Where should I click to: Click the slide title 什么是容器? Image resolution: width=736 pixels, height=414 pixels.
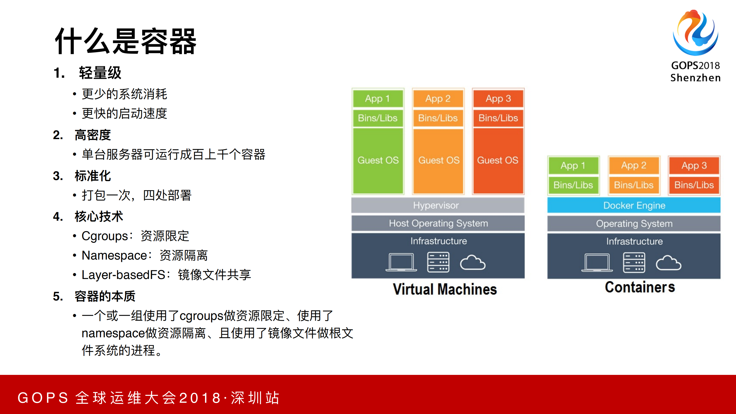pyautogui.click(x=126, y=41)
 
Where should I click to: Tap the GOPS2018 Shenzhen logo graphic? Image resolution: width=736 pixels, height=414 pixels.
pyautogui.click(x=696, y=33)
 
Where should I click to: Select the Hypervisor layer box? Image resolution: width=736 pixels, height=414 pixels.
pyautogui.click(x=438, y=205)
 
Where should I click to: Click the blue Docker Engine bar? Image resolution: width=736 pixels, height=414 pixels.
pyautogui.click(x=634, y=205)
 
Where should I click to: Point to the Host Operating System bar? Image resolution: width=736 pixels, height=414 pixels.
pyautogui.click(x=438, y=223)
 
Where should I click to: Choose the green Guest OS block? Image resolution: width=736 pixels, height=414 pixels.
pyautogui.click(x=378, y=160)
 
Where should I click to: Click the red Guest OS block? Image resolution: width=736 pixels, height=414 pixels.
pyautogui.click(x=498, y=160)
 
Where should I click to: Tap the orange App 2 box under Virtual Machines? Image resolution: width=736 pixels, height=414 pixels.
pyautogui.click(x=438, y=98)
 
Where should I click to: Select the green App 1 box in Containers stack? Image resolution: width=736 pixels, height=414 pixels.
pyautogui.click(x=573, y=165)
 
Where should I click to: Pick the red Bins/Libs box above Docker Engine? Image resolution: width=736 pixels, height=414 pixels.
pyautogui.click(x=694, y=185)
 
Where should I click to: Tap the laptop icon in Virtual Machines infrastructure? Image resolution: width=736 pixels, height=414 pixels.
pyautogui.click(x=401, y=262)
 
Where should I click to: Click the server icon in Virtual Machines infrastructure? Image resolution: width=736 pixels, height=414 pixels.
pyautogui.click(x=438, y=262)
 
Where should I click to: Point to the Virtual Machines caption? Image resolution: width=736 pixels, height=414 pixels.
pyautogui.click(x=445, y=289)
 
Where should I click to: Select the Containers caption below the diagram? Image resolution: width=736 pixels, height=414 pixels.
pyautogui.click(x=640, y=287)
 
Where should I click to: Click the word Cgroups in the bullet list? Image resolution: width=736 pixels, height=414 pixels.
pyautogui.click(x=105, y=236)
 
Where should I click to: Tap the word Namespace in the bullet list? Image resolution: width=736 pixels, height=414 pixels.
pyautogui.click(x=114, y=255)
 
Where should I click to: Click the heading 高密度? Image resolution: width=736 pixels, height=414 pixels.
pyautogui.click(x=93, y=135)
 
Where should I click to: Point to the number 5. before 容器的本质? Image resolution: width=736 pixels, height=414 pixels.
pyautogui.click(x=58, y=297)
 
